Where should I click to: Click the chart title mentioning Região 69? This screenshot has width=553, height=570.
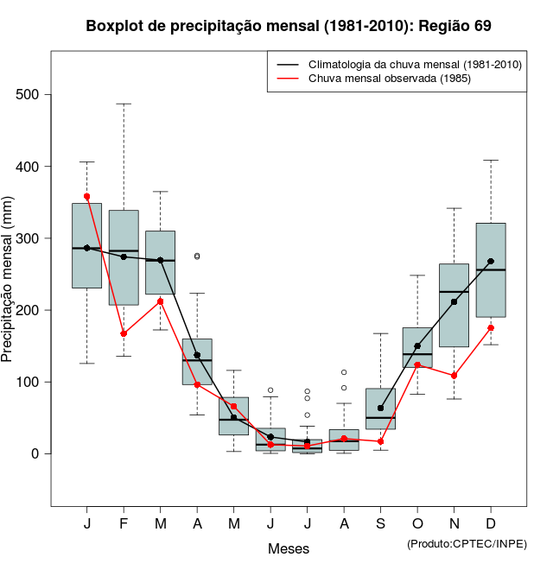click(x=289, y=26)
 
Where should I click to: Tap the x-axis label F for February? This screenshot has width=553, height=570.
click(x=124, y=525)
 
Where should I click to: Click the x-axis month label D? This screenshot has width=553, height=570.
click(x=491, y=525)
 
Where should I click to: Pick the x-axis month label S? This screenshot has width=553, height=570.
click(x=380, y=525)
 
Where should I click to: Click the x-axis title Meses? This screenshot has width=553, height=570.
click(x=289, y=548)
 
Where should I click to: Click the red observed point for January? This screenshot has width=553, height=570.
click(x=86, y=197)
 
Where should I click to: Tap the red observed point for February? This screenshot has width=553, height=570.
click(x=124, y=333)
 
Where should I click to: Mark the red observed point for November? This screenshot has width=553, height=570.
click(x=454, y=376)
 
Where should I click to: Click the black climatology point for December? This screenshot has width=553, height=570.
click(x=491, y=261)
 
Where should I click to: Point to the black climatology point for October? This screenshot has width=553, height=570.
click(x=417, y=345)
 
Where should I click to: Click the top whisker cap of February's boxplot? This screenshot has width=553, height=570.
click(x=124, y=104)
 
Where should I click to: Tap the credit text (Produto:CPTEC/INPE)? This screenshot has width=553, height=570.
click(x=467, y=543)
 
